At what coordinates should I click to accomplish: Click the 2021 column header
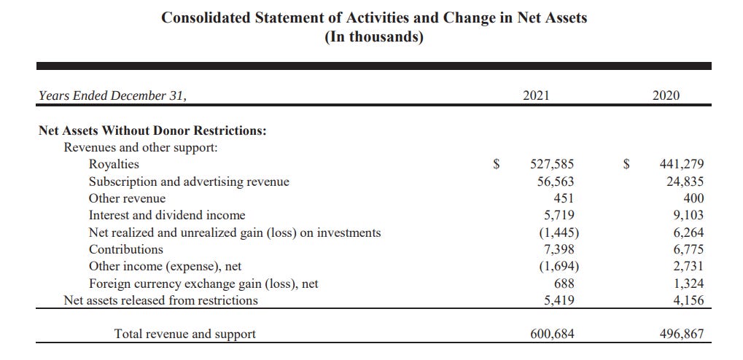tap(537, 95)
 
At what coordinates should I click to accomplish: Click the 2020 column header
tap(665, 95)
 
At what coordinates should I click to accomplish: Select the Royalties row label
tap(113, 164)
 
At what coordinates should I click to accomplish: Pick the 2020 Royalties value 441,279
tap(682, 165)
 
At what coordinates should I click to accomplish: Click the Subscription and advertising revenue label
tap(189, 181)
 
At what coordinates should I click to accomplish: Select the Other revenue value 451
tap(563, 198)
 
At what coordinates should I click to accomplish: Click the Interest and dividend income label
tap(167, 215)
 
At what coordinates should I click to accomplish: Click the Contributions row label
tap(126, 249)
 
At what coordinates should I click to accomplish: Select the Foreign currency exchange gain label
tap(203, 283)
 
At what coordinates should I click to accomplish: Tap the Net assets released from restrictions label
tap(160, 300)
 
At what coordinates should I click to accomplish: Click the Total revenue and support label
tap(185, 334)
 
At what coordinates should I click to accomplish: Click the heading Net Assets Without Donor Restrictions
tap(152, 131)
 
